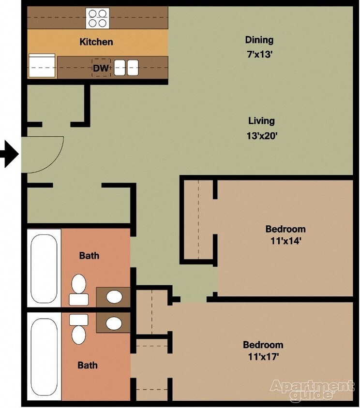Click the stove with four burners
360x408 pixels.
tap(97, 17)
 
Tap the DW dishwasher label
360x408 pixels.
tap(101, 68)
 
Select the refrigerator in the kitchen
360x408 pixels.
tap(42, 66)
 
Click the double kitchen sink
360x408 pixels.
tap(126, 68)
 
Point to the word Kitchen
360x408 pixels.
tap(96, 42)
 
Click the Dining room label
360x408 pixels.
tap(259, 40)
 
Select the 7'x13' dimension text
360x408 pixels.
tap(259, 55)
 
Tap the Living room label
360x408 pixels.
tap(261, 121)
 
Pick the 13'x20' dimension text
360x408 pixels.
tap(261, 136)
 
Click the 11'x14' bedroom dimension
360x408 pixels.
tap(285, 241)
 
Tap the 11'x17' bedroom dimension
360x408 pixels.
tap(263, 357)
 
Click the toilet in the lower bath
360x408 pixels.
tap(79, 329)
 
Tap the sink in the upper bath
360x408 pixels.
tap(114, 296)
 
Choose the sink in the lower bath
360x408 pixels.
tap(114, 323)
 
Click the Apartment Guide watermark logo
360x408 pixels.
tap(312, 390)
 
